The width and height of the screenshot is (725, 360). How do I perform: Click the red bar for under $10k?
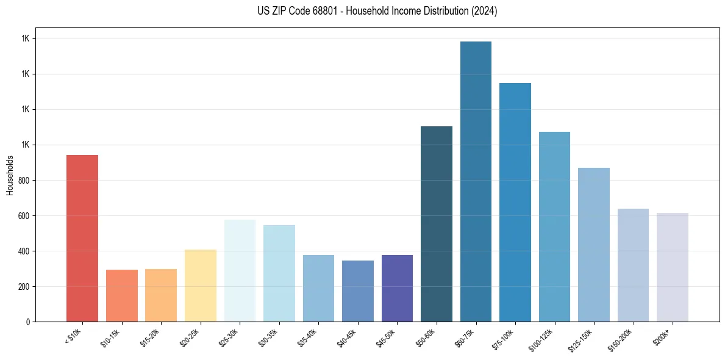coord(82,238)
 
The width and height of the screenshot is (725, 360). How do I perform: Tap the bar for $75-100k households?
coord(515,202)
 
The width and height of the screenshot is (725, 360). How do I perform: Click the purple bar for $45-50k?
coord(397,288)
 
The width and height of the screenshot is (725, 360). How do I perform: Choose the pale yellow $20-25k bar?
coord(201,286)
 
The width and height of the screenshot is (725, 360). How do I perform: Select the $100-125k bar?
coord(554,226)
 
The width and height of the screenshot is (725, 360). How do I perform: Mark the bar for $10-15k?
coord(122,295)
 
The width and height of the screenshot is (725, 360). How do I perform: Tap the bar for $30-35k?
coord(279,273)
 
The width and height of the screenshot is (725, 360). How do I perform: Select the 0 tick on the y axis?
coord(28,322)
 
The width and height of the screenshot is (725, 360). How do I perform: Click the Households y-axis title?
coord(10,175)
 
